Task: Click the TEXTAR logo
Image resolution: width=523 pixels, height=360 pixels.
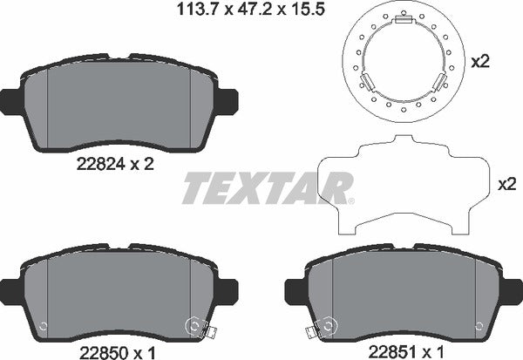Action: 266,188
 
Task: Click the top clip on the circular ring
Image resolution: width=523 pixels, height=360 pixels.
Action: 403,21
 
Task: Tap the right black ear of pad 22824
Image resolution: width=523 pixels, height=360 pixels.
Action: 228,101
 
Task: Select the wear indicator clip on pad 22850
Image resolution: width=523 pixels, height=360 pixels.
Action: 207,331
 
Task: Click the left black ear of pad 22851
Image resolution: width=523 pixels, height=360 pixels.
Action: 293,288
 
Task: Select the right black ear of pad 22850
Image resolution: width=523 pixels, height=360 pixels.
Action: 228,288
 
